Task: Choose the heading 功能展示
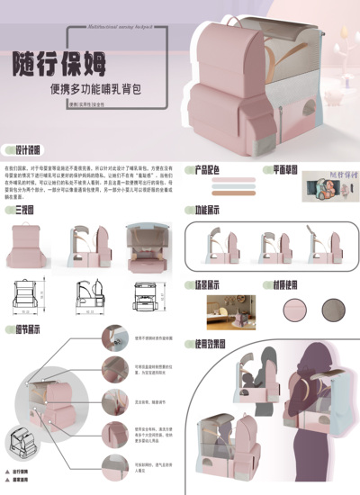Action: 209,210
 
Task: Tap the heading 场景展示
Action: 209,283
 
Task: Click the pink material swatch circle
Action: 294,309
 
